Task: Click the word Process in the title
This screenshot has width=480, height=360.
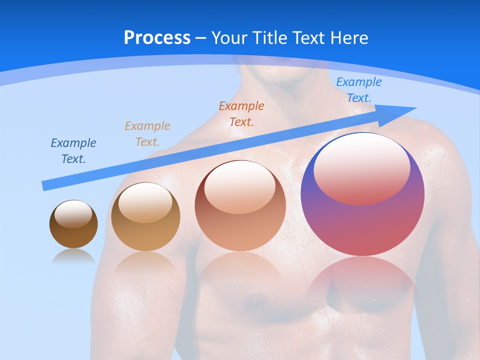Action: point(157,38)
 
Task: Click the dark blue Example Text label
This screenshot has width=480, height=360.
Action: point(73,151)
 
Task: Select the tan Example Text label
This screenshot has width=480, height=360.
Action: point(147,134)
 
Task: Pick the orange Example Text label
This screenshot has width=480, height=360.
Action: point(241,113)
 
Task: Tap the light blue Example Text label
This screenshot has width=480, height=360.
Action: point(359,90)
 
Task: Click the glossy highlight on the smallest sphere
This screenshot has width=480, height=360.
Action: point(73,214)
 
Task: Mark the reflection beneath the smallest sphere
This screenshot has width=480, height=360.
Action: point(73,256)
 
